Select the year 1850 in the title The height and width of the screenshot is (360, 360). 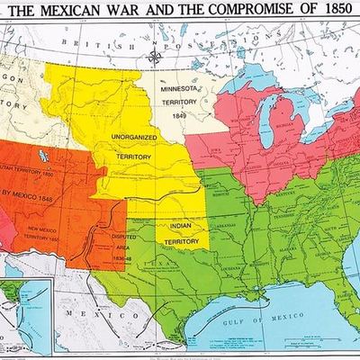point(333,12)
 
